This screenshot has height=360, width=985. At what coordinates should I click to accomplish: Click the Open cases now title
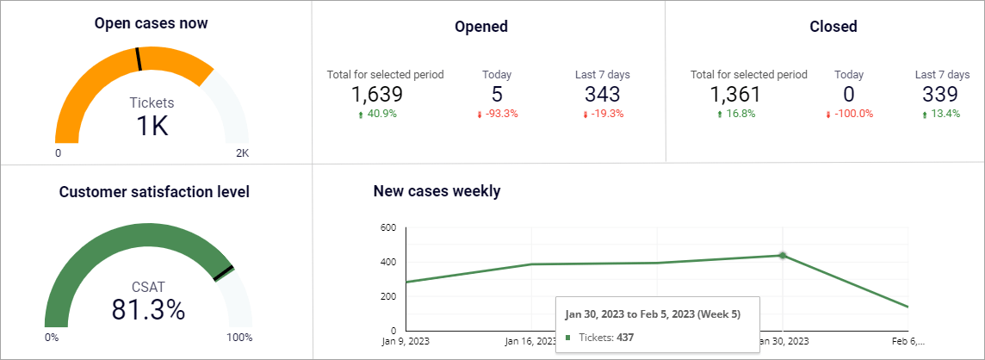pos(151,23)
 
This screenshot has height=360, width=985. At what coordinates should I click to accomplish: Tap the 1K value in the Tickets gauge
pos(152,126)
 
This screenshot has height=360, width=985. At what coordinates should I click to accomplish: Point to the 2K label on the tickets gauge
pos(242,153)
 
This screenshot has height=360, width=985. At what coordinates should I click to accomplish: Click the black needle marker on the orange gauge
pos(138,59)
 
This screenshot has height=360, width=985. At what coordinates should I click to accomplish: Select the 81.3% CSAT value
pos(148,309)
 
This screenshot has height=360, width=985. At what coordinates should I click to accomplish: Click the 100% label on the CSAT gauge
pos(239,338)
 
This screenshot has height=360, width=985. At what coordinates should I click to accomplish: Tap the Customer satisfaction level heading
pos(154,192)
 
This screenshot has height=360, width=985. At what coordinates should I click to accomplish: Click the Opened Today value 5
pos(497,95)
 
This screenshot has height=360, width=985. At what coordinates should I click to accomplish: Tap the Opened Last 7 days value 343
pos(602,95)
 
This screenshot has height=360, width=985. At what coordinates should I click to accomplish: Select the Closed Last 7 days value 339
pos(940,95)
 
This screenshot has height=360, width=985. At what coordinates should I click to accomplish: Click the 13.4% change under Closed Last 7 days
pos(945,114)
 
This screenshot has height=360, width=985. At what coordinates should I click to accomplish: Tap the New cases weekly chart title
pos(437,191)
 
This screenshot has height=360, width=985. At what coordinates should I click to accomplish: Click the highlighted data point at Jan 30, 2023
pos(783,255)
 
